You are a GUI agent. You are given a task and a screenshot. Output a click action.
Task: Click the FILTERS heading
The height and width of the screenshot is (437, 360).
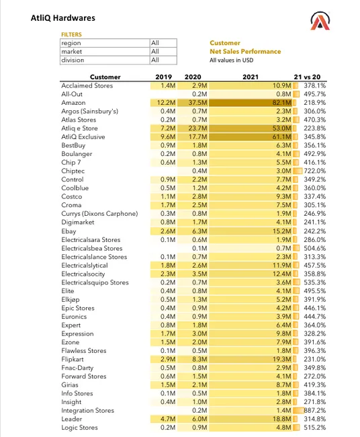point(72,34)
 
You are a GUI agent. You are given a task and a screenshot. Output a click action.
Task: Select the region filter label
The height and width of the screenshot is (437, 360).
point(71,43)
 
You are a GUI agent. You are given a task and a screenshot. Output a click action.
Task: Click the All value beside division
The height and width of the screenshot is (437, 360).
point(155,60)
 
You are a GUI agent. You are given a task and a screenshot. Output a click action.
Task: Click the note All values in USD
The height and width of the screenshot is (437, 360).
point(232,61)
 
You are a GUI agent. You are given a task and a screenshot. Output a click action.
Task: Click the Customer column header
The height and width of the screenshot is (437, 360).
point(105,77)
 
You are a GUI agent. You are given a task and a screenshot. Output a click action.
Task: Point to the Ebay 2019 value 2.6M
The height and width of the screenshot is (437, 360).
point(167,231)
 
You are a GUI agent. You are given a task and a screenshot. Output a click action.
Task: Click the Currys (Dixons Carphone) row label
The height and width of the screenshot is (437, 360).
point(99,214)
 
